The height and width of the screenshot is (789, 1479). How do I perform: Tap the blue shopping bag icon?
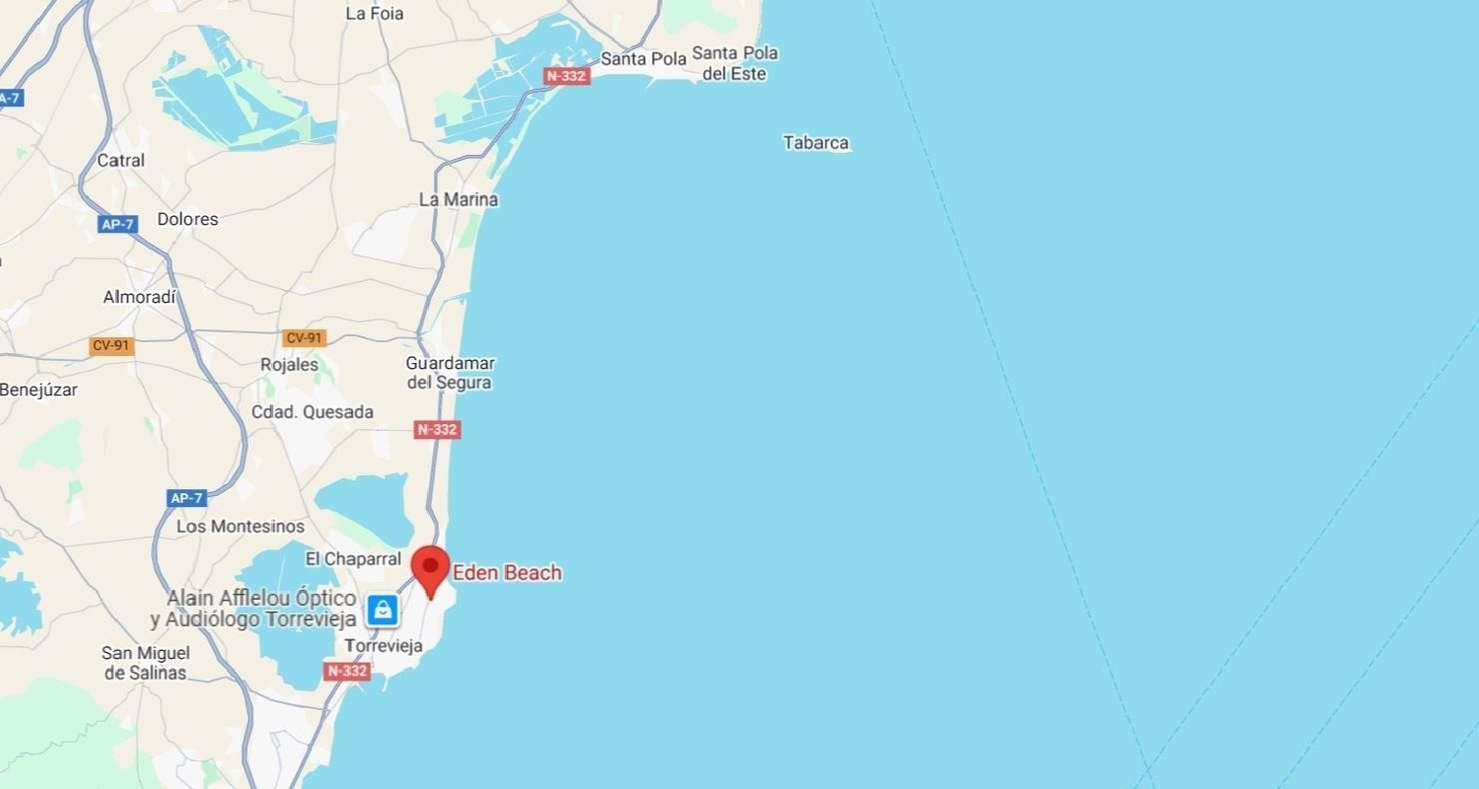click(383, 610)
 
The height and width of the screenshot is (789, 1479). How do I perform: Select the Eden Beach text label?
click(507, 572)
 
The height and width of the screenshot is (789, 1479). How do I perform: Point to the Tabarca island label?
click(815, 143)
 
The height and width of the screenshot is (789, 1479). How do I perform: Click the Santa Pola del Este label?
click(735, 63)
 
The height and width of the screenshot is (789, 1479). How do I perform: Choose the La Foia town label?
click(375, 14)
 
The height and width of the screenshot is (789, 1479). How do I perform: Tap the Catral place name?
click(120, 160)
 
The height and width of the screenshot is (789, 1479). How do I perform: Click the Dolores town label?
click(187, 219)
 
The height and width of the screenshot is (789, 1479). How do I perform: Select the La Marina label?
click(458, 199)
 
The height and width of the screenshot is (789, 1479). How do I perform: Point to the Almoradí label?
click(140, 297)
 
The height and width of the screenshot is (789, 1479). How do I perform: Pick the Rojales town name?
click(289, 365)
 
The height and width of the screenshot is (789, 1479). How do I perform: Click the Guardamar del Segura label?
click(451, 373)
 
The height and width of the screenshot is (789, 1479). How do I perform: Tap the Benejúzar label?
click(38, 390)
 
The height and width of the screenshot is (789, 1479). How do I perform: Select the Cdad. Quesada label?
click(313, 412)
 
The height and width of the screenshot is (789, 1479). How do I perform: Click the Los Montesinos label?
click(241, 527)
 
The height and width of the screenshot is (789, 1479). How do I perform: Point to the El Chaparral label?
click(353, 559)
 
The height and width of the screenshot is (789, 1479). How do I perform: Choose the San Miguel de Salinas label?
click(146, 663)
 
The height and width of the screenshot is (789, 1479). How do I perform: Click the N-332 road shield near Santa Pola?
click(567, 76)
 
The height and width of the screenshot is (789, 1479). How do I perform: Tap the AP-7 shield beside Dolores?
click(117, 224)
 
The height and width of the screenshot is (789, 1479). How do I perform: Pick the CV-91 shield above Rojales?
click(305, 338)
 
